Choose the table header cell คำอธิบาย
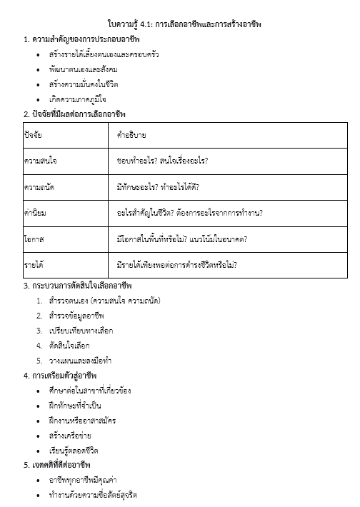(132, 134)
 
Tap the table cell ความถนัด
(39, 186)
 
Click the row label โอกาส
(34, 239)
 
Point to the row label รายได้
(35, 265)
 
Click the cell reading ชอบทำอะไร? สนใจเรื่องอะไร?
(167, 161)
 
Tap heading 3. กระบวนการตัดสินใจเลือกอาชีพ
(83, 286)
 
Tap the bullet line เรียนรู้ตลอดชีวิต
(74, 451)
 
